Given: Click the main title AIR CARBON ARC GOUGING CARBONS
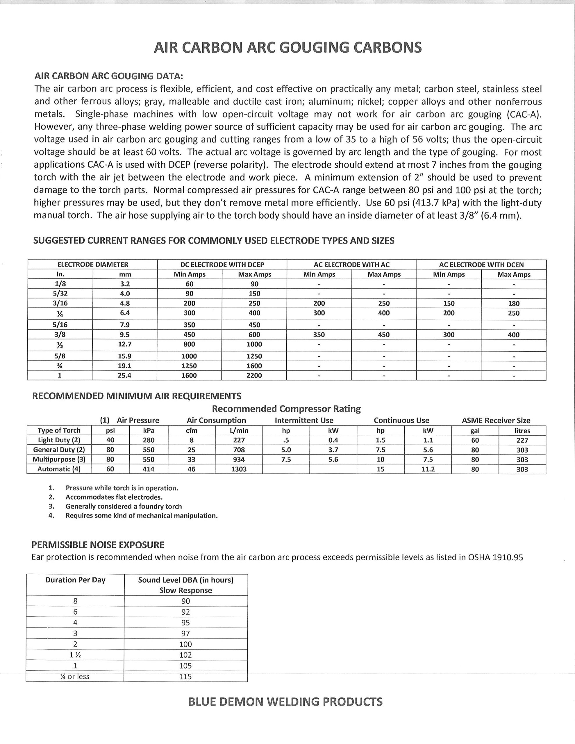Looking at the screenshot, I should pos(288,48).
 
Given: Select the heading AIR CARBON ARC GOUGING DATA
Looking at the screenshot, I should pos(109,76).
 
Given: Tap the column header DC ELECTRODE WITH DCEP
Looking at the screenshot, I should pos(222,265).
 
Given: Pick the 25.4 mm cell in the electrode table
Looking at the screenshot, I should pos(124,375).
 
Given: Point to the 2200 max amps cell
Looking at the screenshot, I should pos(254,375).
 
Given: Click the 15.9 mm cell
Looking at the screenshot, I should pos(124,356).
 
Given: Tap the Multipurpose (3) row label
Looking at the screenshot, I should pos(59,459).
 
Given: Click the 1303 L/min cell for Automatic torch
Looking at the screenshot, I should pos(239,469).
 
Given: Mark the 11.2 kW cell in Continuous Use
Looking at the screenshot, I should pos(428,469).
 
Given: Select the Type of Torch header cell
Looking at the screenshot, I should pos(59,430).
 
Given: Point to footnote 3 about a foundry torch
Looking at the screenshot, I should pos(123,506).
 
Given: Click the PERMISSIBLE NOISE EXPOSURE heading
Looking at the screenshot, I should pos(98,545).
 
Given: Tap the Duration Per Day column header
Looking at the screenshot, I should pos(75,580).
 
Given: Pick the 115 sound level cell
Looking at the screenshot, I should pos(185,676).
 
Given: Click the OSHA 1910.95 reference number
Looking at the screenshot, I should pos(508,557).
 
